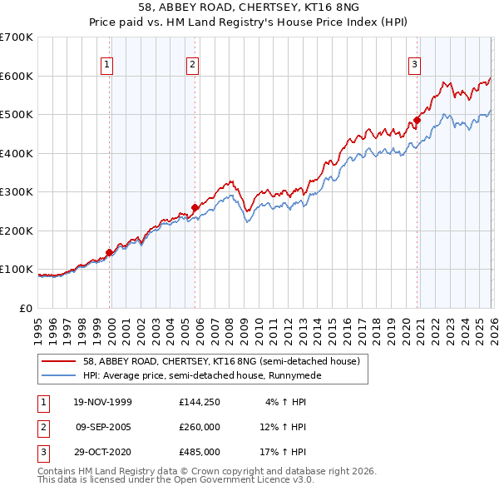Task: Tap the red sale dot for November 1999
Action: pyautogui.click(x=109, y=252)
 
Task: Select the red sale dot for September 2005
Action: pyautogui.click(x=195, y=207)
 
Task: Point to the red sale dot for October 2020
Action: pyautogui.click(x=417, y=120)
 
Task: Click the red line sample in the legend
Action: pyautogui.click(x=59, y=361)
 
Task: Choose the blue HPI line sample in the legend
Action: pyautogui.click(x=59, y=375)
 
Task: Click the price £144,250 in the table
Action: pyautogui.click(x=199, y=402)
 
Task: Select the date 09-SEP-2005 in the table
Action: pyautogui.click(x=104, y=427)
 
